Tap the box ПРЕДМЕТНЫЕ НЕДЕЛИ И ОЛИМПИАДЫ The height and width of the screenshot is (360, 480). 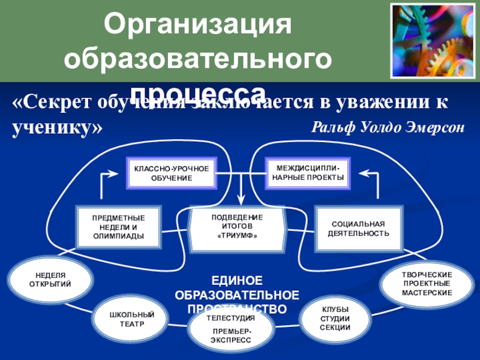(119, 227)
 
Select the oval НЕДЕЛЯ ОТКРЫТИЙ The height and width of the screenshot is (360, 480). (50, 279)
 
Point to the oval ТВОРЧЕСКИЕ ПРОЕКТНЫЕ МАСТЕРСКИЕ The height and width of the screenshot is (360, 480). (426, 283)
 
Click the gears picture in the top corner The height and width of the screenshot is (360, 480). (431, 41)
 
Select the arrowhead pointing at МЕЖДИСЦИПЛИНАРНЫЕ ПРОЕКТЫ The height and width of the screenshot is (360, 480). (364, 172)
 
